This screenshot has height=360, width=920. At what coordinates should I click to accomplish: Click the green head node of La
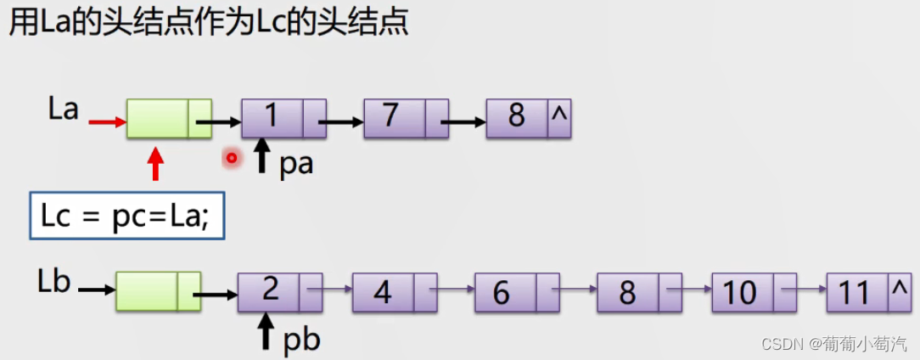click(169, 118)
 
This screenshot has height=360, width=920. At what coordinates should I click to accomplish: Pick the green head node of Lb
click(158, 291)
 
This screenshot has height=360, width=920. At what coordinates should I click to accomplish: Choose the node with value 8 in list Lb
click(639, 292)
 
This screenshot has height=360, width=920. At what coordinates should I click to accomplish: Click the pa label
click(296, 163)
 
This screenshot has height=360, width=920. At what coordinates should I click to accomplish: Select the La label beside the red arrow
click(64, 110)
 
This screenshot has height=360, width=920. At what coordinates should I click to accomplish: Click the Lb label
click(53, 282)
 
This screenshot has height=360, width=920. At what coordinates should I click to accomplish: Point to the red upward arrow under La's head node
click(154, 164)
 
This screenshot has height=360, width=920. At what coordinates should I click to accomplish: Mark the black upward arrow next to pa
click(262, 157)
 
